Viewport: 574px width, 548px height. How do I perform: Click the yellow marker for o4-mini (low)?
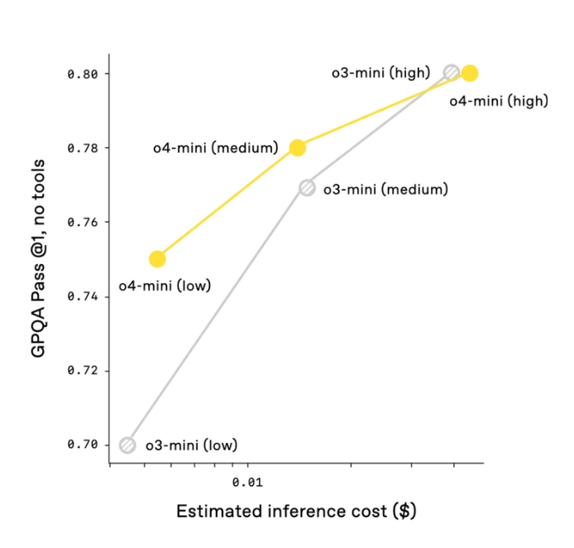coord(157,258)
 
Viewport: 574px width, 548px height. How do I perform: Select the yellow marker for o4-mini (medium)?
coord(297,147)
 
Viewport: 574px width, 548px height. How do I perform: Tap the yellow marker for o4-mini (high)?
coord(470,73)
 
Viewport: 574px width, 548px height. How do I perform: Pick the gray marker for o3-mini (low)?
coord(127,445)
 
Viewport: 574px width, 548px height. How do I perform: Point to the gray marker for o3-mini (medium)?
coord(307,188)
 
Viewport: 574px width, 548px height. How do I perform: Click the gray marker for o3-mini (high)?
coord(451,72)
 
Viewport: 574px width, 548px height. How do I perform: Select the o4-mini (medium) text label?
coord(214,148)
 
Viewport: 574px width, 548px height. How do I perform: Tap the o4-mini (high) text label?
coord(498,101)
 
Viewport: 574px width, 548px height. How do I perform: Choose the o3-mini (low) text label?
coord(191,445)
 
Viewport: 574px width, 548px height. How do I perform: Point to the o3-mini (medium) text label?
coord(385,189)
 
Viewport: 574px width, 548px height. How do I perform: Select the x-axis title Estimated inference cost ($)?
coord(295,511)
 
